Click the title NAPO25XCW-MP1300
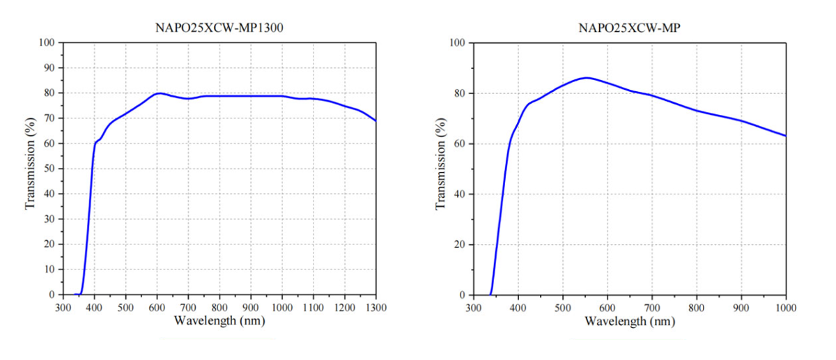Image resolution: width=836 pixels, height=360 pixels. point(219,29)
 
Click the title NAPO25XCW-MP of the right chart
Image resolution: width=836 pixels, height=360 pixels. point(628,29)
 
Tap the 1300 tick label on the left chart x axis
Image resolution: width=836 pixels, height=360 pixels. point(376,307)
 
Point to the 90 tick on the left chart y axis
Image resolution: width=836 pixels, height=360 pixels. point(49,68)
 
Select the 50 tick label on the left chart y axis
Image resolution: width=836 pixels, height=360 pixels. point(49,169)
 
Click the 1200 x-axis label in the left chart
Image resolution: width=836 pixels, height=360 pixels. point(345,307)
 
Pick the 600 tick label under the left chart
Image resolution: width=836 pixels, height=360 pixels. point(157,307)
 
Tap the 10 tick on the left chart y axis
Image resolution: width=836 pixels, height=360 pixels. point(49,269)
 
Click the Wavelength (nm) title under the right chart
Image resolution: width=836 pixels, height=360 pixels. point(630,321)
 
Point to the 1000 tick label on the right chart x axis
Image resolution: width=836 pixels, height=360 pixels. point(785,307)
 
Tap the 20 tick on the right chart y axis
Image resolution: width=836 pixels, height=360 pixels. point(460,244)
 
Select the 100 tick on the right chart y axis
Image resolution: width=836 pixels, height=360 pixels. point(457,42)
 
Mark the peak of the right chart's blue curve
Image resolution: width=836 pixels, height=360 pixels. point(587,77)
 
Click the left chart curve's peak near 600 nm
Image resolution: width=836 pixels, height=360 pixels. point(160,93)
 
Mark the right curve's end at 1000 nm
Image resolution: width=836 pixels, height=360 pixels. point(786,136)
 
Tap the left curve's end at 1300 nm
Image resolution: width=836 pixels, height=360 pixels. point(376,120)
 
